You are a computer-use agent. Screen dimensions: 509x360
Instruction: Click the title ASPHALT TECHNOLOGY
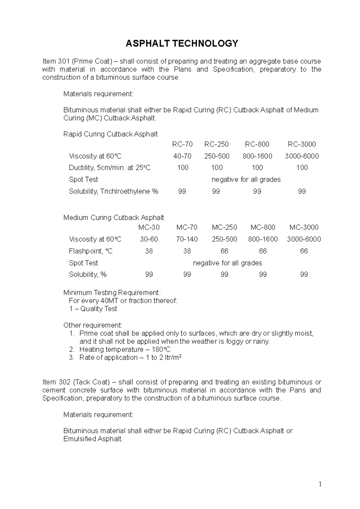(x=182, y=44)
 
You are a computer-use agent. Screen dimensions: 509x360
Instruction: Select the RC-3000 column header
(x=302, y=144)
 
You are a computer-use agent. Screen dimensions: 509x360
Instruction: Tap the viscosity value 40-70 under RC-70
(x=182, y=156)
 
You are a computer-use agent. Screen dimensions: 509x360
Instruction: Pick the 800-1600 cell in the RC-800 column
(x=257, y=156)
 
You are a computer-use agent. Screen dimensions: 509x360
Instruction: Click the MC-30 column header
(x=149, y=227)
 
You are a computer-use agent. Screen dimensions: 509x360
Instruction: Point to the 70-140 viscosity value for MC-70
(x=187, y=239)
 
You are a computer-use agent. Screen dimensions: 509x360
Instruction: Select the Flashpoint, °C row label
(x=91, y=251)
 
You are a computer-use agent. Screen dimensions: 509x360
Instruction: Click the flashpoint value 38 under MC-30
(x=149, y=251)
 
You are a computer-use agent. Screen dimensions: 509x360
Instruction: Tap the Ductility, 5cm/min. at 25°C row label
(x=110, y=168)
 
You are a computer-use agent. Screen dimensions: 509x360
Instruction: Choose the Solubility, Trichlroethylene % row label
(x=113, y=191)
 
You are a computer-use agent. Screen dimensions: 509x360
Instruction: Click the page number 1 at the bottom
(x=320, y=484)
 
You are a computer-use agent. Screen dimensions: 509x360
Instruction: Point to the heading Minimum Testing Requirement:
(x=112, y=293)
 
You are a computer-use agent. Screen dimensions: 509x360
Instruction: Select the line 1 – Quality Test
(x=93, y=309)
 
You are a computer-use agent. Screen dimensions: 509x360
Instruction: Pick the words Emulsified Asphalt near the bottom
(x=93, y=439)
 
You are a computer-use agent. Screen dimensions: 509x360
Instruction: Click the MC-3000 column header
(x=304, y=227)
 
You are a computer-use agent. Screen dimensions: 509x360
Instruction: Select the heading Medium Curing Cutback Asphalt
(x=114, y=218)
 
